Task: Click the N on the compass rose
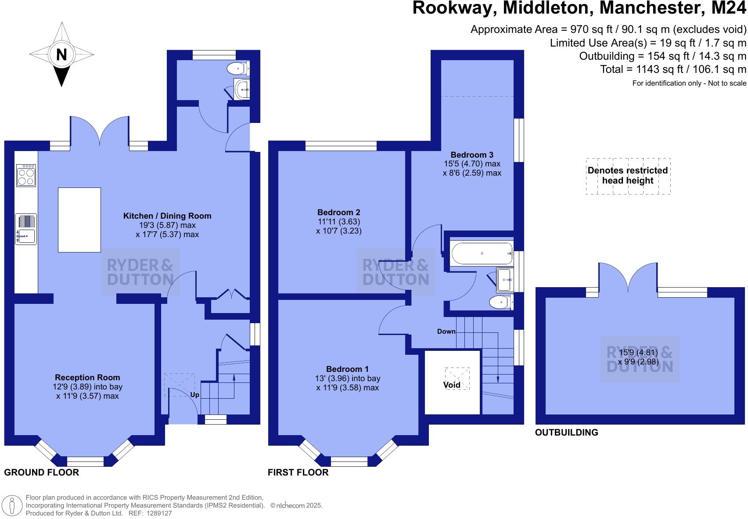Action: coord(61,55)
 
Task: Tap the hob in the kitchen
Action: coord(26,176)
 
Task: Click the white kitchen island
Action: coord(79,220)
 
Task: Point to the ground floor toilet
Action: coord(238,68)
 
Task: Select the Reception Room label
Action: coord(87,378)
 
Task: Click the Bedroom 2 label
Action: coord(338,213)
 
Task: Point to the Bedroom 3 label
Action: coord(472,155)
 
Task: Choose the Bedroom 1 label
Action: coord(347,369)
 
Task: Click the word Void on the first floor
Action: coord(452,385)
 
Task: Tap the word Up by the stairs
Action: coord(195,395)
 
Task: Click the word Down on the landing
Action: coord(446,332)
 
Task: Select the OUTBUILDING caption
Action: coord(566,432)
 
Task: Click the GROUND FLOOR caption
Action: coord(42,472)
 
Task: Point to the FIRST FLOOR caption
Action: coord(298,472)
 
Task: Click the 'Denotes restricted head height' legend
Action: coord(628,176)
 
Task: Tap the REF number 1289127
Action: coord(157,513)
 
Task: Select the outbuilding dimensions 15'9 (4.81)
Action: coord(638,353)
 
